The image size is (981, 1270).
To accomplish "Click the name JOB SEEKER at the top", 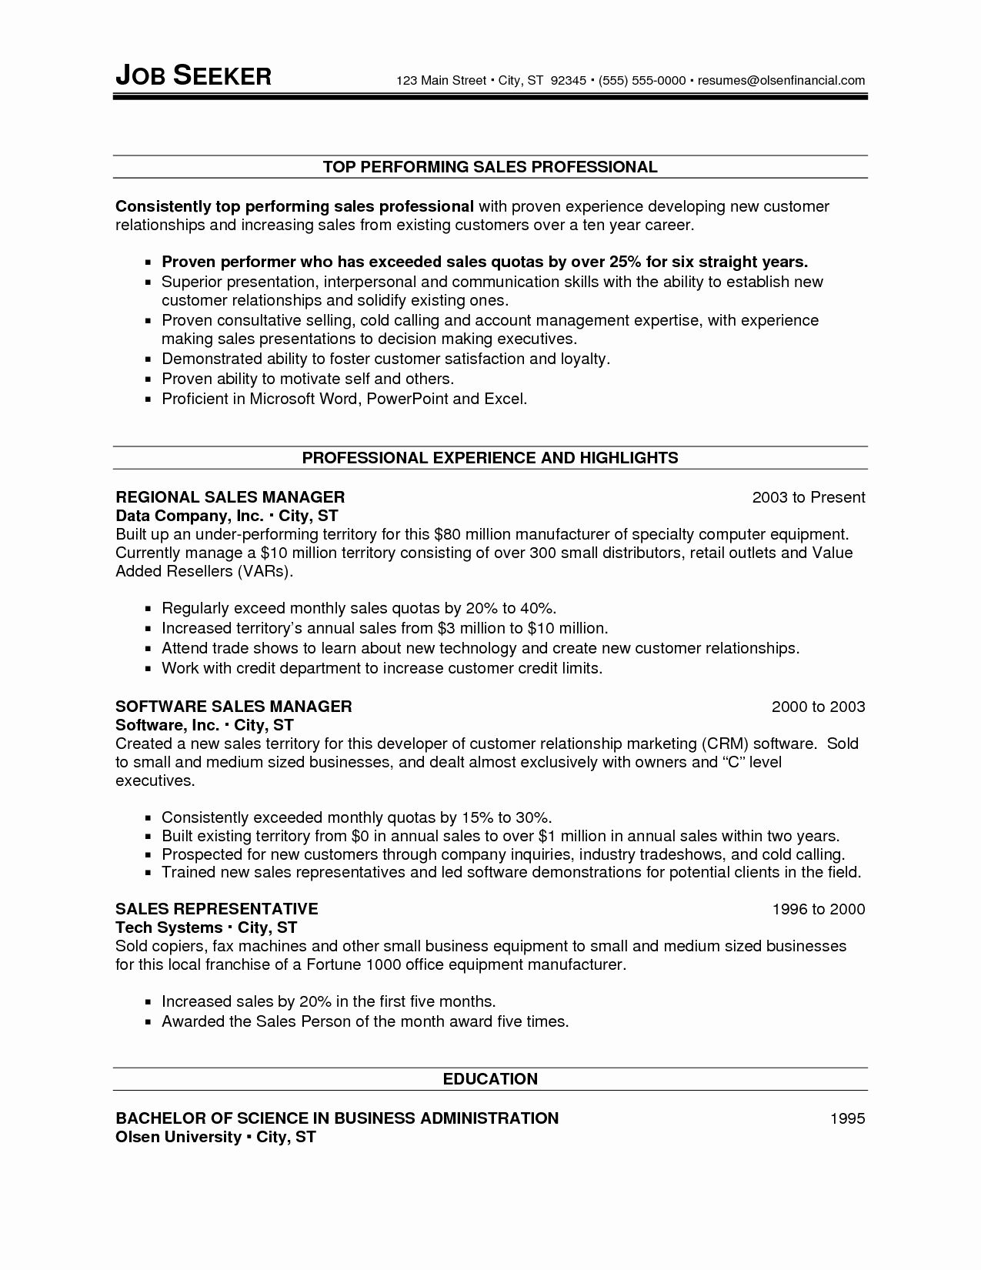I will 193,75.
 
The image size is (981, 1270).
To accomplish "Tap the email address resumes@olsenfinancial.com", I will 781,80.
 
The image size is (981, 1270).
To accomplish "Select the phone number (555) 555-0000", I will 642,80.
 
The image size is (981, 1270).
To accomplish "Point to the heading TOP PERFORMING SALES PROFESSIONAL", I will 490,167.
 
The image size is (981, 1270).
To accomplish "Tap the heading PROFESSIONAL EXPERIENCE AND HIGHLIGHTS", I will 490,458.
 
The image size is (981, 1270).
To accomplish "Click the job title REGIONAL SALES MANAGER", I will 230,497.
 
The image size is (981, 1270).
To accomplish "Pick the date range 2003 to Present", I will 809,497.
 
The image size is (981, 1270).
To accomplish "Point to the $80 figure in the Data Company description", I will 448,534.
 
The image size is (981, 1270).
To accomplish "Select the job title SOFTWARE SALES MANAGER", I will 234,707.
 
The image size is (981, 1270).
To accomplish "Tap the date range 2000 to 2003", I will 819,707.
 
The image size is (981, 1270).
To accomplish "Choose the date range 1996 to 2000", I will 819,909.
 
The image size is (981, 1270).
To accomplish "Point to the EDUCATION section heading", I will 490,1079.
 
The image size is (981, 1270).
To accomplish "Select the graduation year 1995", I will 848,1118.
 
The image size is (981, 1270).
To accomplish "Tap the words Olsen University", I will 179,1137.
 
